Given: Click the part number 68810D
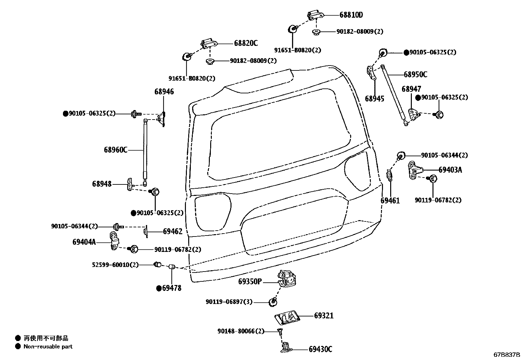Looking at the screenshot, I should [351, 15].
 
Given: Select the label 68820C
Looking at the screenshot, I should [246, 43].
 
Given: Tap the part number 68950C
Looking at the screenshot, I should [415, 75].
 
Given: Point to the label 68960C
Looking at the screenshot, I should [115, 150].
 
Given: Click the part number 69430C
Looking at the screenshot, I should [320, 350].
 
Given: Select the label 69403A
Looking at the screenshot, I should [450, 170].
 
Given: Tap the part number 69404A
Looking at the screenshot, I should [84, 242].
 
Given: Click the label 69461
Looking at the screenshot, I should [390, 200].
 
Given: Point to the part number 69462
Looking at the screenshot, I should [172, 232].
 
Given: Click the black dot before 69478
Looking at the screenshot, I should [159, 288].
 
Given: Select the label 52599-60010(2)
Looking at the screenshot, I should [115, 265].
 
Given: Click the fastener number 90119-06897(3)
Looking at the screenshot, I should [229, 302].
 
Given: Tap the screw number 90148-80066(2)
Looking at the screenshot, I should [240, 331].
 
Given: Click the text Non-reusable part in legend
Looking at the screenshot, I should [48, 347].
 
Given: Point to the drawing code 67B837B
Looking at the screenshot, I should [507, 355].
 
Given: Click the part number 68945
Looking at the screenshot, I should [374, 99].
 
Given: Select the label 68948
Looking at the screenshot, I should [102, 184].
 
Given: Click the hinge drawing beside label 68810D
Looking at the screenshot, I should [315, 14].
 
